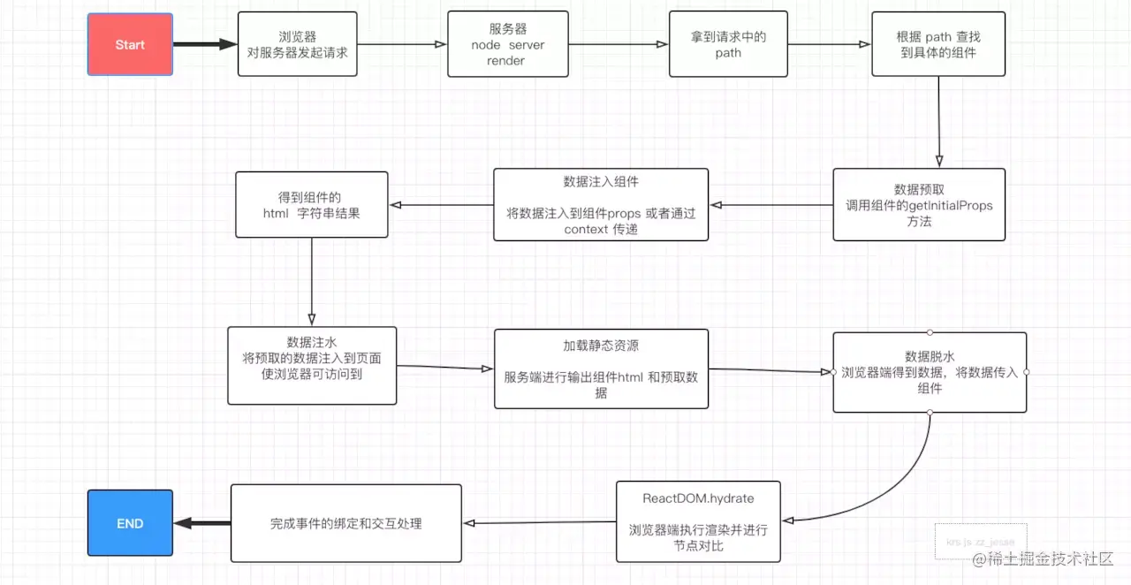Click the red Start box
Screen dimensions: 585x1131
pyautogui.click(x=130, y=44)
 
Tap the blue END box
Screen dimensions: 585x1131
pyautogui.click(x=130, y=523)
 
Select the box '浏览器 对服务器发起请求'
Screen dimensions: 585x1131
pyautogui.click(x=298, y=44)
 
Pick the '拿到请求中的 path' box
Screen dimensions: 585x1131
pyautogui.click(x=728, y=44)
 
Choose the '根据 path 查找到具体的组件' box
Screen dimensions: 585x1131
pyautogui.click(x=938, y=44)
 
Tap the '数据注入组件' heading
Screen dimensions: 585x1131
pyautogui.click(x=601, y=181)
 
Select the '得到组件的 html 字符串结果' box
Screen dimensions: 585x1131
pyautogui.click(x=311, y=204)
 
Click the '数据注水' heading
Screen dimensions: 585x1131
pyautogui.click(x=312, y=341)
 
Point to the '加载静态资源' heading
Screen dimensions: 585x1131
pyautogui.click(x=601, y=346)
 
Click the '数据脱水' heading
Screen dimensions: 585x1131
pyautogui.click(x=930, y=356)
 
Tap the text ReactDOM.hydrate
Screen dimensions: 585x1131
pyautogui.click(x=698, y=498)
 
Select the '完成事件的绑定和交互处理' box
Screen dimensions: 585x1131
pyautogui.click(x=345, y=523)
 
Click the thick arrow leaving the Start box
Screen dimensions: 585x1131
pyautogui.click(x=205, y=44)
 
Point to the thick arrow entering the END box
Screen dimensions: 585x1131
pyautogui.click(x=201, y=523)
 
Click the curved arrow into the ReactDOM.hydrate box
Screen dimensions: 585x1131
pyautogui.click(x=892, y=495)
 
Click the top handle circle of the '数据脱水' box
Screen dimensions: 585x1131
pyautogui.click(x=930, y=332)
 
